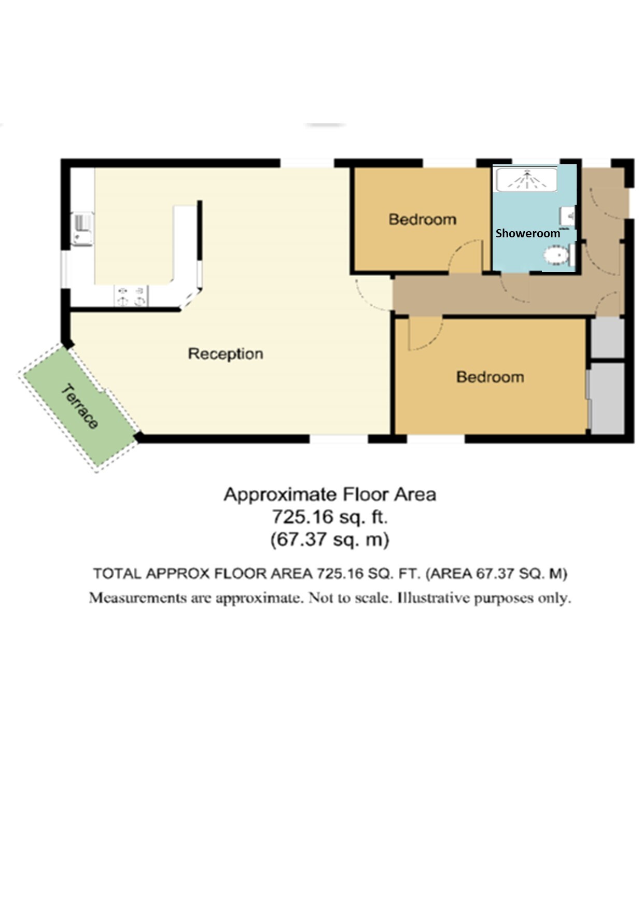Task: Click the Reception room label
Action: [226, 354]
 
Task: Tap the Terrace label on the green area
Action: [80, 407]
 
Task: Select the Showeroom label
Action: [528, 233]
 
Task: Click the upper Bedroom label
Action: [423, 219]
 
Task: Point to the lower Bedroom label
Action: [490, 377]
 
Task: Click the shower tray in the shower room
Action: [527, 179]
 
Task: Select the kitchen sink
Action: [82, 229]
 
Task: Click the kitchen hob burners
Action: [131, 296]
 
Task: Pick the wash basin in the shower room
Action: [568, 216]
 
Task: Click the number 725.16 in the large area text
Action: [298, 517]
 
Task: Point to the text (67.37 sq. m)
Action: [330, 539]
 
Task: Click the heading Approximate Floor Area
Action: [330, 494]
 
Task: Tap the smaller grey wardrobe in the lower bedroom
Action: [608, 337]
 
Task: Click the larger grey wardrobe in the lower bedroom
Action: [608, 398]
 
